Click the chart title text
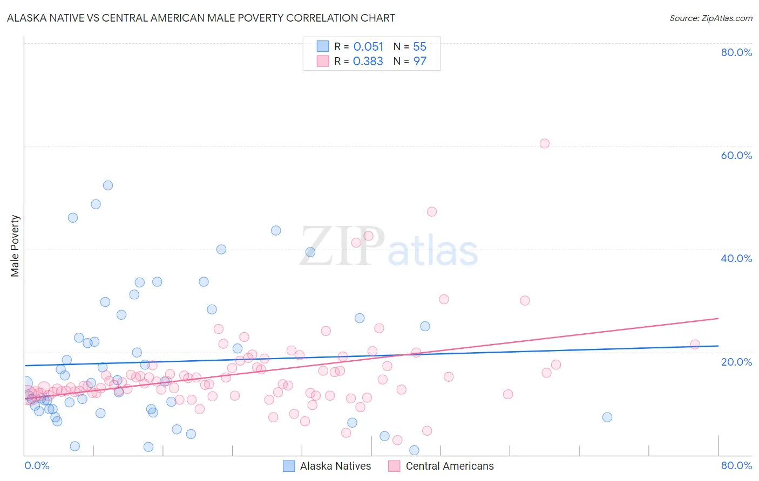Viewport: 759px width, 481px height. tap(201, 18)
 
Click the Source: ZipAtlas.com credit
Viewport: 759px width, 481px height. tap(710, 18)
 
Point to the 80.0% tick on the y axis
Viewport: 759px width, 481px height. tap(736, 52)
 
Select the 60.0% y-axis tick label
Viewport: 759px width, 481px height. tap(736, 155)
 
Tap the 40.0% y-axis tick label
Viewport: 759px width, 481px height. tap(736, 258)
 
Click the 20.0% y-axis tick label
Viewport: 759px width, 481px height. tap(736, 361)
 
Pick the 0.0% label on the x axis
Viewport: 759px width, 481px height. tap(37, 465)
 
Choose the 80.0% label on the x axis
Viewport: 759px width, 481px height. tap(736, 465)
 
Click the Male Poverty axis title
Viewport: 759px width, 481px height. tap(15, 246)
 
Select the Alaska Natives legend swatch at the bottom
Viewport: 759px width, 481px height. tap(289, 466)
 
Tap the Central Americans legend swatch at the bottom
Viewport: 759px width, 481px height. tap(394, 466)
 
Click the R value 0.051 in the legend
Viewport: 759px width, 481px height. tap(368, 47)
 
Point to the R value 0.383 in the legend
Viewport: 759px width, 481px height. tap(368, 61)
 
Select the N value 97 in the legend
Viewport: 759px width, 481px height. tap(420, 61)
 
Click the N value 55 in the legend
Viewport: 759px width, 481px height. tap(420, 47)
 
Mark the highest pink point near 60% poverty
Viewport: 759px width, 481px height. tap(544, 143)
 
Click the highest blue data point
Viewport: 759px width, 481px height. tap(108, 185)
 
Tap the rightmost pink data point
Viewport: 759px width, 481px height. tap(695, 345)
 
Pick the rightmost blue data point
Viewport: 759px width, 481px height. tap(607, 417)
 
